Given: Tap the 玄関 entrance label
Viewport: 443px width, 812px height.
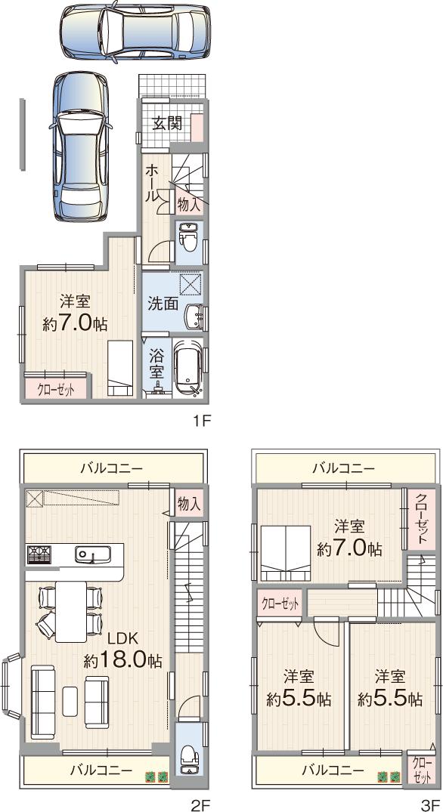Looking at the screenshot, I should (168, 124).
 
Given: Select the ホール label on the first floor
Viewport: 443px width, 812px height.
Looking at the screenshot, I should (151, 183).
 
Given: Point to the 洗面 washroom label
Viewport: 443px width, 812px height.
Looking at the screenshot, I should (163, 304).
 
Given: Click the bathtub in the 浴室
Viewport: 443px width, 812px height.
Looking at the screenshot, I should (187, 369).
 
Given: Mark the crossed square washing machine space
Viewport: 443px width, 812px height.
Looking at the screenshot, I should (191, 285).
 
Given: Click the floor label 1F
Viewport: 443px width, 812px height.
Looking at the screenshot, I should (200, 421).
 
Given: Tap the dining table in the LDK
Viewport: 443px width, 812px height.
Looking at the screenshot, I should (70, 610).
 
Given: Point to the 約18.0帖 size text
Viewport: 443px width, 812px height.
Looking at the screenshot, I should (122, 660).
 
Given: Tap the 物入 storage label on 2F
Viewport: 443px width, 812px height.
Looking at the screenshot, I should (189, 504).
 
